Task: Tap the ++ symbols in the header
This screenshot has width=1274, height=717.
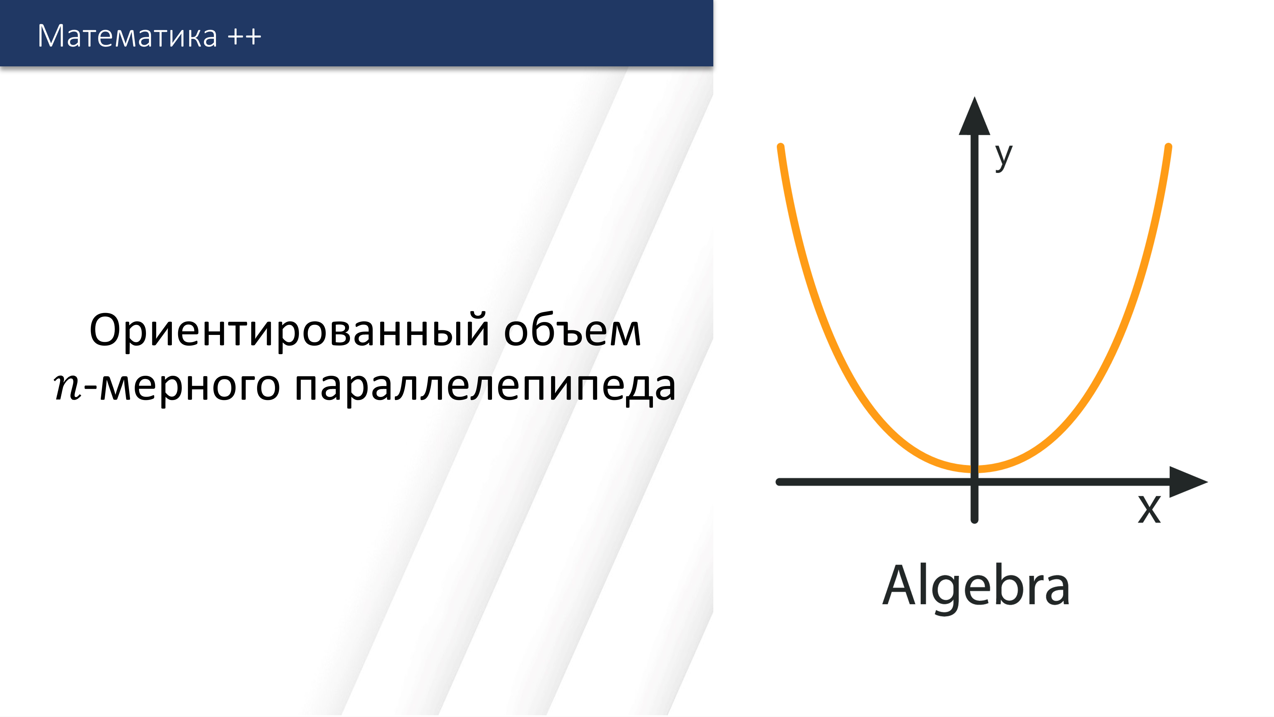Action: coord(244,37)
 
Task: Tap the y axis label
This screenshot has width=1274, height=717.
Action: coord(1004,156)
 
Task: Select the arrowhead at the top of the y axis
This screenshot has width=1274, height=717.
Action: coord(974,118)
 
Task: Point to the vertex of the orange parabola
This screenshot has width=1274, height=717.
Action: coord(974,469)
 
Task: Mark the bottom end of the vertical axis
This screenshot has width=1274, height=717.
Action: coord(974,519)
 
